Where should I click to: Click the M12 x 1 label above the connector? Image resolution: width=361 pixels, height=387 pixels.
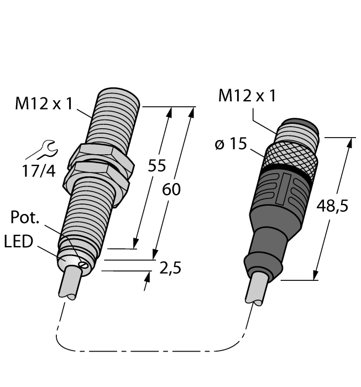tap(247, 96)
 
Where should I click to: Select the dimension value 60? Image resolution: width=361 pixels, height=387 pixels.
tap(171, 190)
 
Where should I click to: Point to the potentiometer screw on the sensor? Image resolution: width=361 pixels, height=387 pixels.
tap(82, 265)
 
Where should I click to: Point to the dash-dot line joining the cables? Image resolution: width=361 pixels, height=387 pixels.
tap(155, 351)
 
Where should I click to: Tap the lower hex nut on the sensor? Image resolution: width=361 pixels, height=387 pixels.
tap(96, 177)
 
